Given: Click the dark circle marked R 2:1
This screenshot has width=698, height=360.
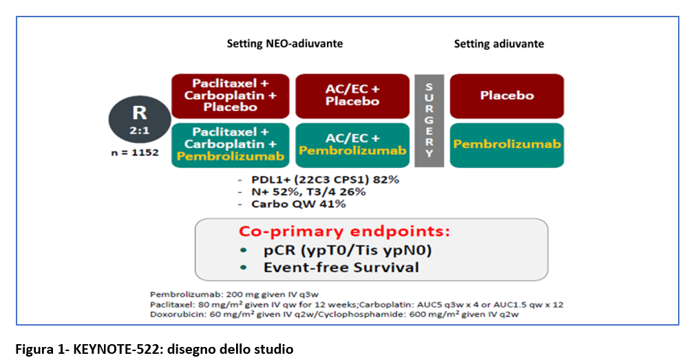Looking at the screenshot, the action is click(x=139, y=119).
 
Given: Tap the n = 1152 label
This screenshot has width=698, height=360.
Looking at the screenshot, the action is click(x=135, y=153).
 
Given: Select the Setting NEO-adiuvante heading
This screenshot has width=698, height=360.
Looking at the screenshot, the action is click(x=285, y=43).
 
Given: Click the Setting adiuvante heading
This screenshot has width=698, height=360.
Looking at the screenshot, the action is click(x=498, y=43).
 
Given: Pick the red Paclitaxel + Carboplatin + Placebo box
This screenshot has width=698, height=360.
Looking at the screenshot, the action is click(x=231, y=96).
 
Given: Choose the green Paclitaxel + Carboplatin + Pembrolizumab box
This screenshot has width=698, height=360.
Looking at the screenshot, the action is click(x=231, y=145).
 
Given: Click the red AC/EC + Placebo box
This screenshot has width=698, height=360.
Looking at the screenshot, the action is click(x=352, y=96).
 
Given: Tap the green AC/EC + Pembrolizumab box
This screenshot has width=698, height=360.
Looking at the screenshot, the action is click(x=352, y=145).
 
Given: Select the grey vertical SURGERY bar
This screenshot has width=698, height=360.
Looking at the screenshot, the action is click(x=429, y=120).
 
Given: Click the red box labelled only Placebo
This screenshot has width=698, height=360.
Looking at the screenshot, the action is click(x=507, y=96).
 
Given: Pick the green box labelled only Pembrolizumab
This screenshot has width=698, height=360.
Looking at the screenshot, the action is click(x=507, y=145).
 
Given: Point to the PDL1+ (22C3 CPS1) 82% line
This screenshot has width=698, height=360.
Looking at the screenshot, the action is click(x=325, y=180).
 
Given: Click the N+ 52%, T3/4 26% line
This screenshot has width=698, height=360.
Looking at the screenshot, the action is click(x=308, y=192).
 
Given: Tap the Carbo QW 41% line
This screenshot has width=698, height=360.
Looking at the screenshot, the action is click(x=299, y=204).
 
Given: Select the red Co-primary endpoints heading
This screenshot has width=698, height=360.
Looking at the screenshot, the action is click(x=345, y=231).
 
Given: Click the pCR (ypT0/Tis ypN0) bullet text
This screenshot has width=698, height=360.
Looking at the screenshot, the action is click(x=348, y=250).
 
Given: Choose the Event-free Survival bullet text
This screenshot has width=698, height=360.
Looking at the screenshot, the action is click(x=341, y=268).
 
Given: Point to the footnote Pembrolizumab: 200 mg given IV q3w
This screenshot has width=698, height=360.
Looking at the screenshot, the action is click(x=234, y=295).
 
